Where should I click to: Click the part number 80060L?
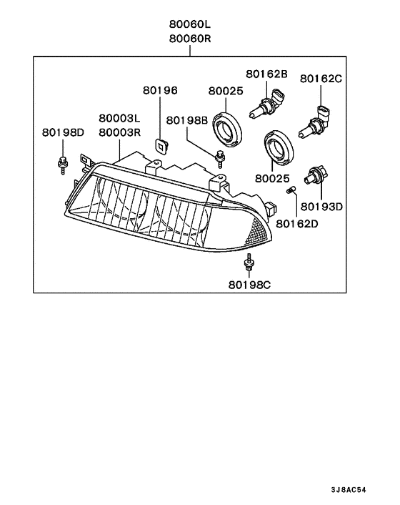pyautogui.click(x=191, y=23)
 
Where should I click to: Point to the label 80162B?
pyautogui.click(x=266, y=74)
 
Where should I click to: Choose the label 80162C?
pyautogui.click(x=321, y=78)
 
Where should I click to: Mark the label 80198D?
pyautogui.click(x=63, y=132)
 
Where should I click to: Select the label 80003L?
pyautogui.click(x=119, y=118)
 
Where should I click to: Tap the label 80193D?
pyautogui.click(x=321, y=207)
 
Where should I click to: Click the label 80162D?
pyautogui.click(x=297, y=224)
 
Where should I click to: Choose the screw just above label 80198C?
pyautogui.click(x=249, y=264)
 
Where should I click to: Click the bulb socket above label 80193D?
pyautogui.click(x=314, y=176)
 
